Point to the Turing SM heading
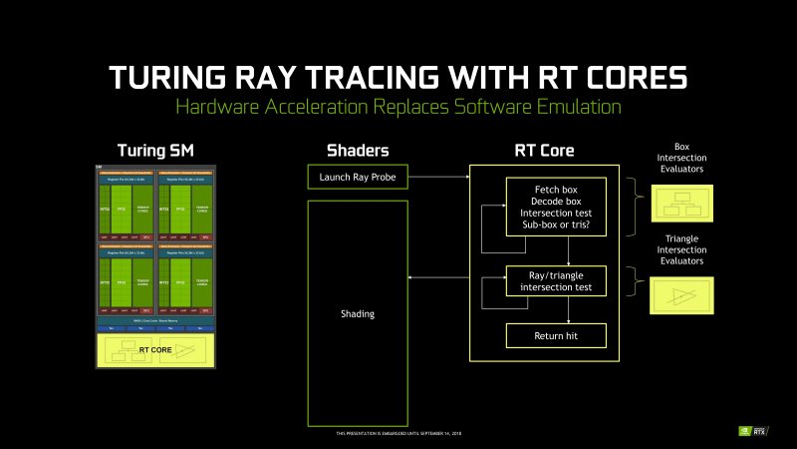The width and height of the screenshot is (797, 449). [x=154, y=151]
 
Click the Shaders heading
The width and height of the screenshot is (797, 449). [x=358, y=151]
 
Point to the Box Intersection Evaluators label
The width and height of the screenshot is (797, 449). [x=682, y=158]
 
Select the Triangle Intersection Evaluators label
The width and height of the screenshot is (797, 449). [x=682, y=249]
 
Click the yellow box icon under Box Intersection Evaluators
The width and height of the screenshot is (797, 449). [x=682, y=204]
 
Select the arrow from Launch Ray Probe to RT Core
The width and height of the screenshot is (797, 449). [x=438, y=178]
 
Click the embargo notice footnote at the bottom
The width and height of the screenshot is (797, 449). [x=398, y=433]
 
